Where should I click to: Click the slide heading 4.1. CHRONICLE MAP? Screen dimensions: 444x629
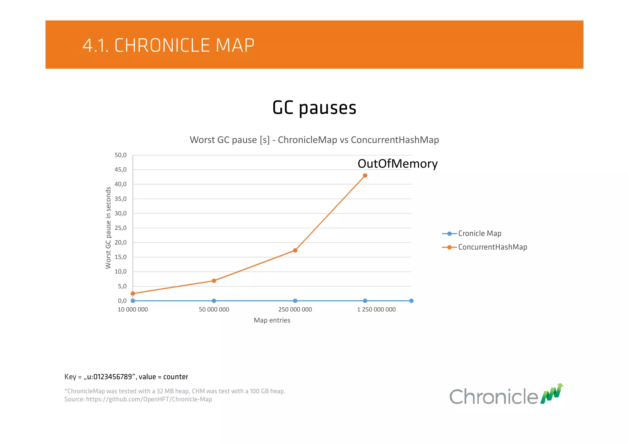(x=168, y=45)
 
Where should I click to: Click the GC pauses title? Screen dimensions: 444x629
(x=314, y=108)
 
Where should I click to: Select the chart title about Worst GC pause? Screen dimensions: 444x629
(x=314, y=140)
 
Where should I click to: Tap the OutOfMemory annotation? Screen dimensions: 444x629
(x=397, y=164)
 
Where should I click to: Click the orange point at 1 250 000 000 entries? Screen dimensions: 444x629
(x=365, y=176)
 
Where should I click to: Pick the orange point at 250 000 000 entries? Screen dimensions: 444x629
(x=295, y=250)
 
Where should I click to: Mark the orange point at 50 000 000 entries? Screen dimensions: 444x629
(x=214, y=281)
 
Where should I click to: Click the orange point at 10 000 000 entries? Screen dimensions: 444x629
(x=133, y=294)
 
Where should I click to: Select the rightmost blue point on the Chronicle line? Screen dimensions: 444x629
(x=411, y=301)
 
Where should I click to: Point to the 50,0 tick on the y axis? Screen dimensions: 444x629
(x=120, y=155)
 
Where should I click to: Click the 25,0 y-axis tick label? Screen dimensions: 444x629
(x=120, y=228)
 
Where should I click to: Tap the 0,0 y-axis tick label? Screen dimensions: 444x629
(x=122, y=301)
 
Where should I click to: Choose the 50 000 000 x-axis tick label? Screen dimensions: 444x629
(x=214, y=310)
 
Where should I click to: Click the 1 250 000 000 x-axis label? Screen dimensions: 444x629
(x=376, y=310)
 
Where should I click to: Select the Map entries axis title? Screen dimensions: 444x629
(x=272, y=320)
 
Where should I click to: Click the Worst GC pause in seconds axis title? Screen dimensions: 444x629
(x=108, y=228)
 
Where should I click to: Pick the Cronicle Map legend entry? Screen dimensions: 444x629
(x=479, y=234)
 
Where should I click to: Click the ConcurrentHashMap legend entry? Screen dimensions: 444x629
(x=492, y=247)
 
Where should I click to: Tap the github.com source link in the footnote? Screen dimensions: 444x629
(x=149, y=399)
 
